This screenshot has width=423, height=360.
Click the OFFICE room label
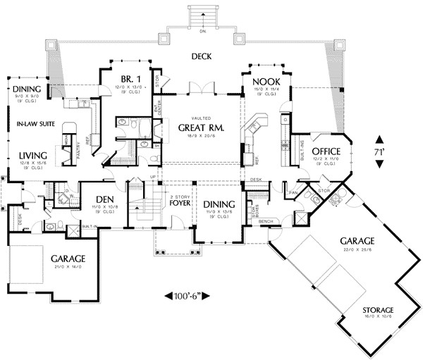(x=326, y=151)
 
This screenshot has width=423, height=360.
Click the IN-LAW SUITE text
(x=32, y=125)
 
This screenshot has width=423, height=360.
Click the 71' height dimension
(x=380, y=152)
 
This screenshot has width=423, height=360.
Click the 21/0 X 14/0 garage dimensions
(x=68, y=266)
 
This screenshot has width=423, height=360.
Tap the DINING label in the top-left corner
(x=27, y=89)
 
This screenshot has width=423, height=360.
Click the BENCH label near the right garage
(x=266, y=221)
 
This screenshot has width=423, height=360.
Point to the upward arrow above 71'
(x=380, y=139)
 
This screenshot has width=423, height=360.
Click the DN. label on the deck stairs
(x=202, y=31)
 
